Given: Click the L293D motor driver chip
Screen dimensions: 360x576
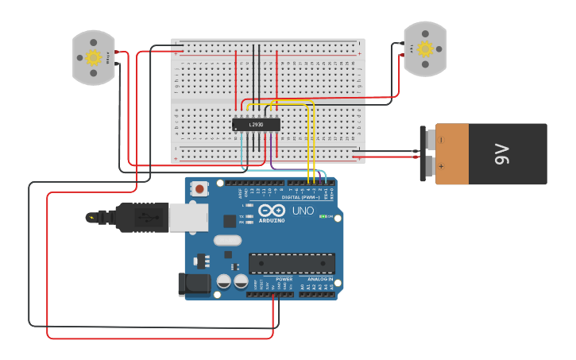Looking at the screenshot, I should coord(256,125).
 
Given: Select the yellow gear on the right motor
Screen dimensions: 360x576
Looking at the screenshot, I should coord(425,49).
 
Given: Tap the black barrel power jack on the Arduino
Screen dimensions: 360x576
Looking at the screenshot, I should coord(194,284).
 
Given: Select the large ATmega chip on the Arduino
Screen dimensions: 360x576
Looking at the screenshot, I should coord(292,263).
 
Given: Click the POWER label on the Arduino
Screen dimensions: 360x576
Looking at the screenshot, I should coord(284,280).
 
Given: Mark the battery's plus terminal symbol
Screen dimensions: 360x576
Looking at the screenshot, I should coord(441,167).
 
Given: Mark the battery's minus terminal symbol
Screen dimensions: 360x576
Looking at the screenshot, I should coord(441,139).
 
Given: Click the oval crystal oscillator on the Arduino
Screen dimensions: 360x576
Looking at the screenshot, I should coord(226,240).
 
